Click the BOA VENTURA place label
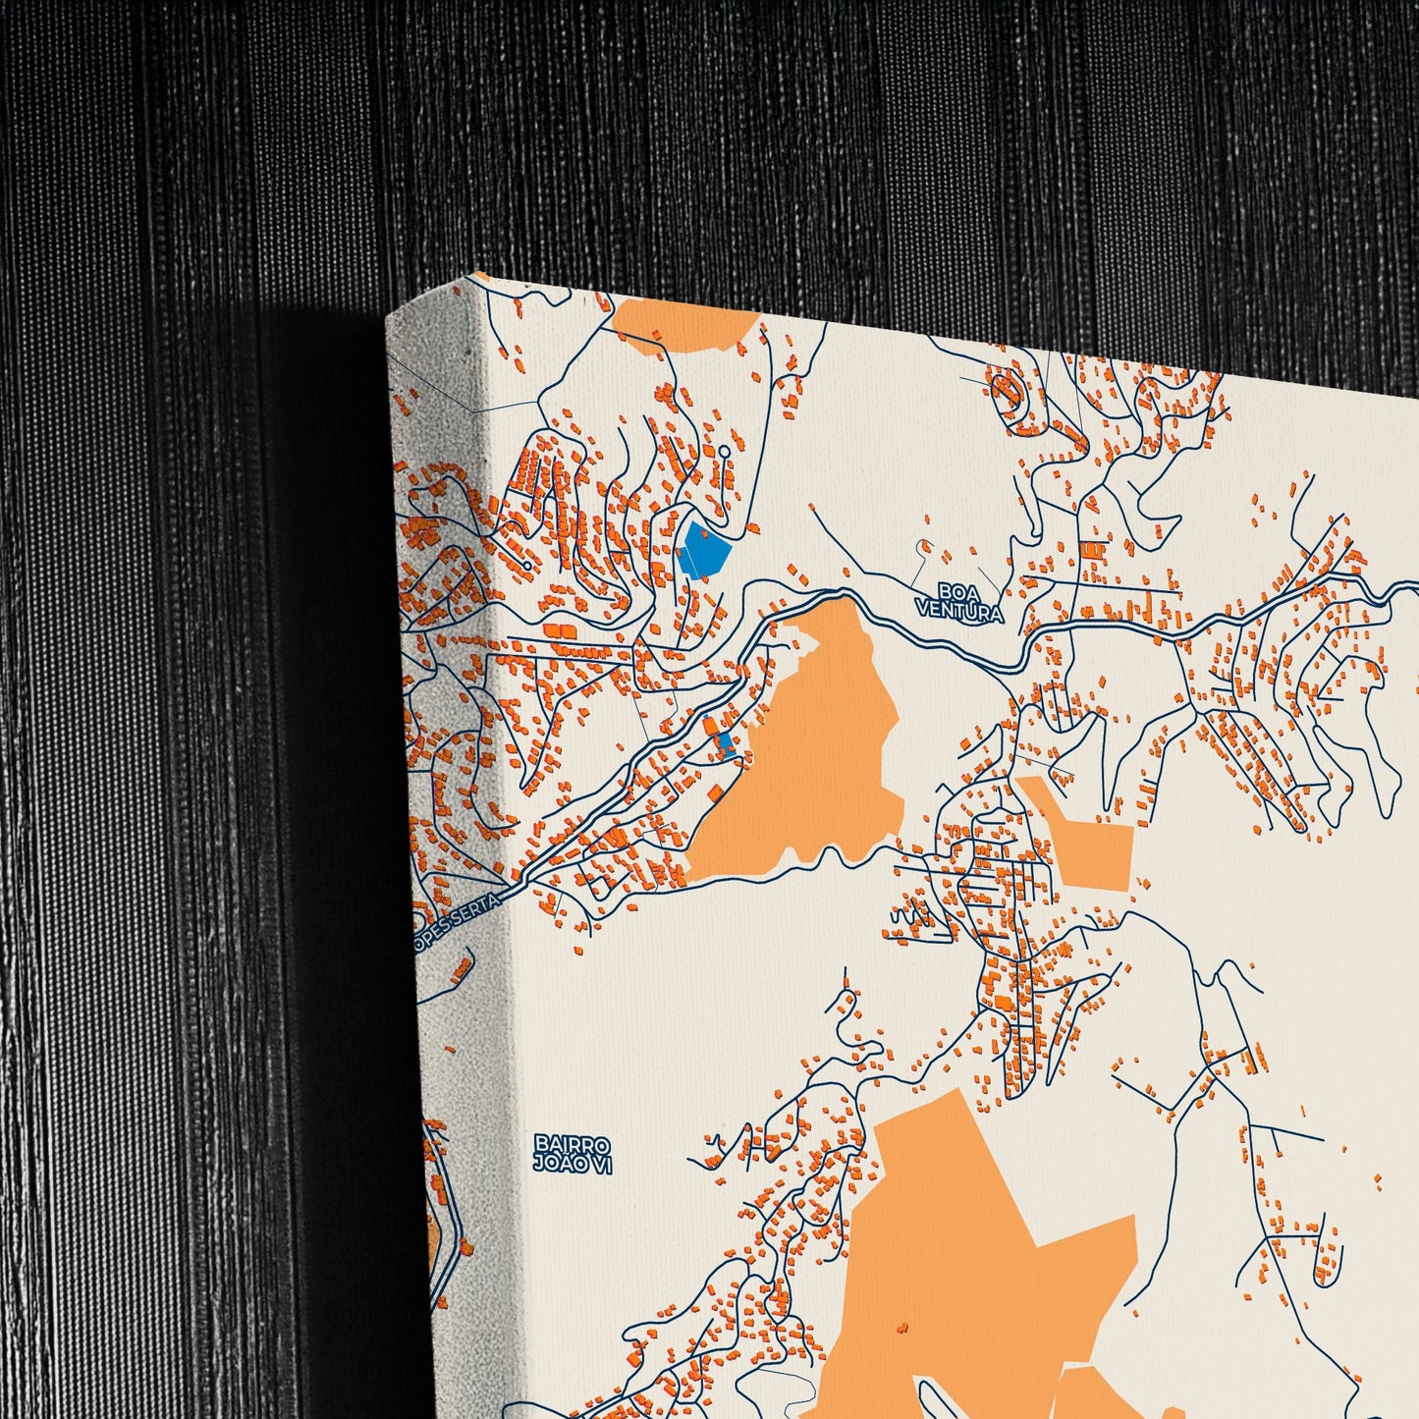(x=957, y=602)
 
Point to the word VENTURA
(x=957, y=613)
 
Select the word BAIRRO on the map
(x=573, y=1145)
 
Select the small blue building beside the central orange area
(x=727, y=742)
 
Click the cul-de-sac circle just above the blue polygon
(x=724, y=451)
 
